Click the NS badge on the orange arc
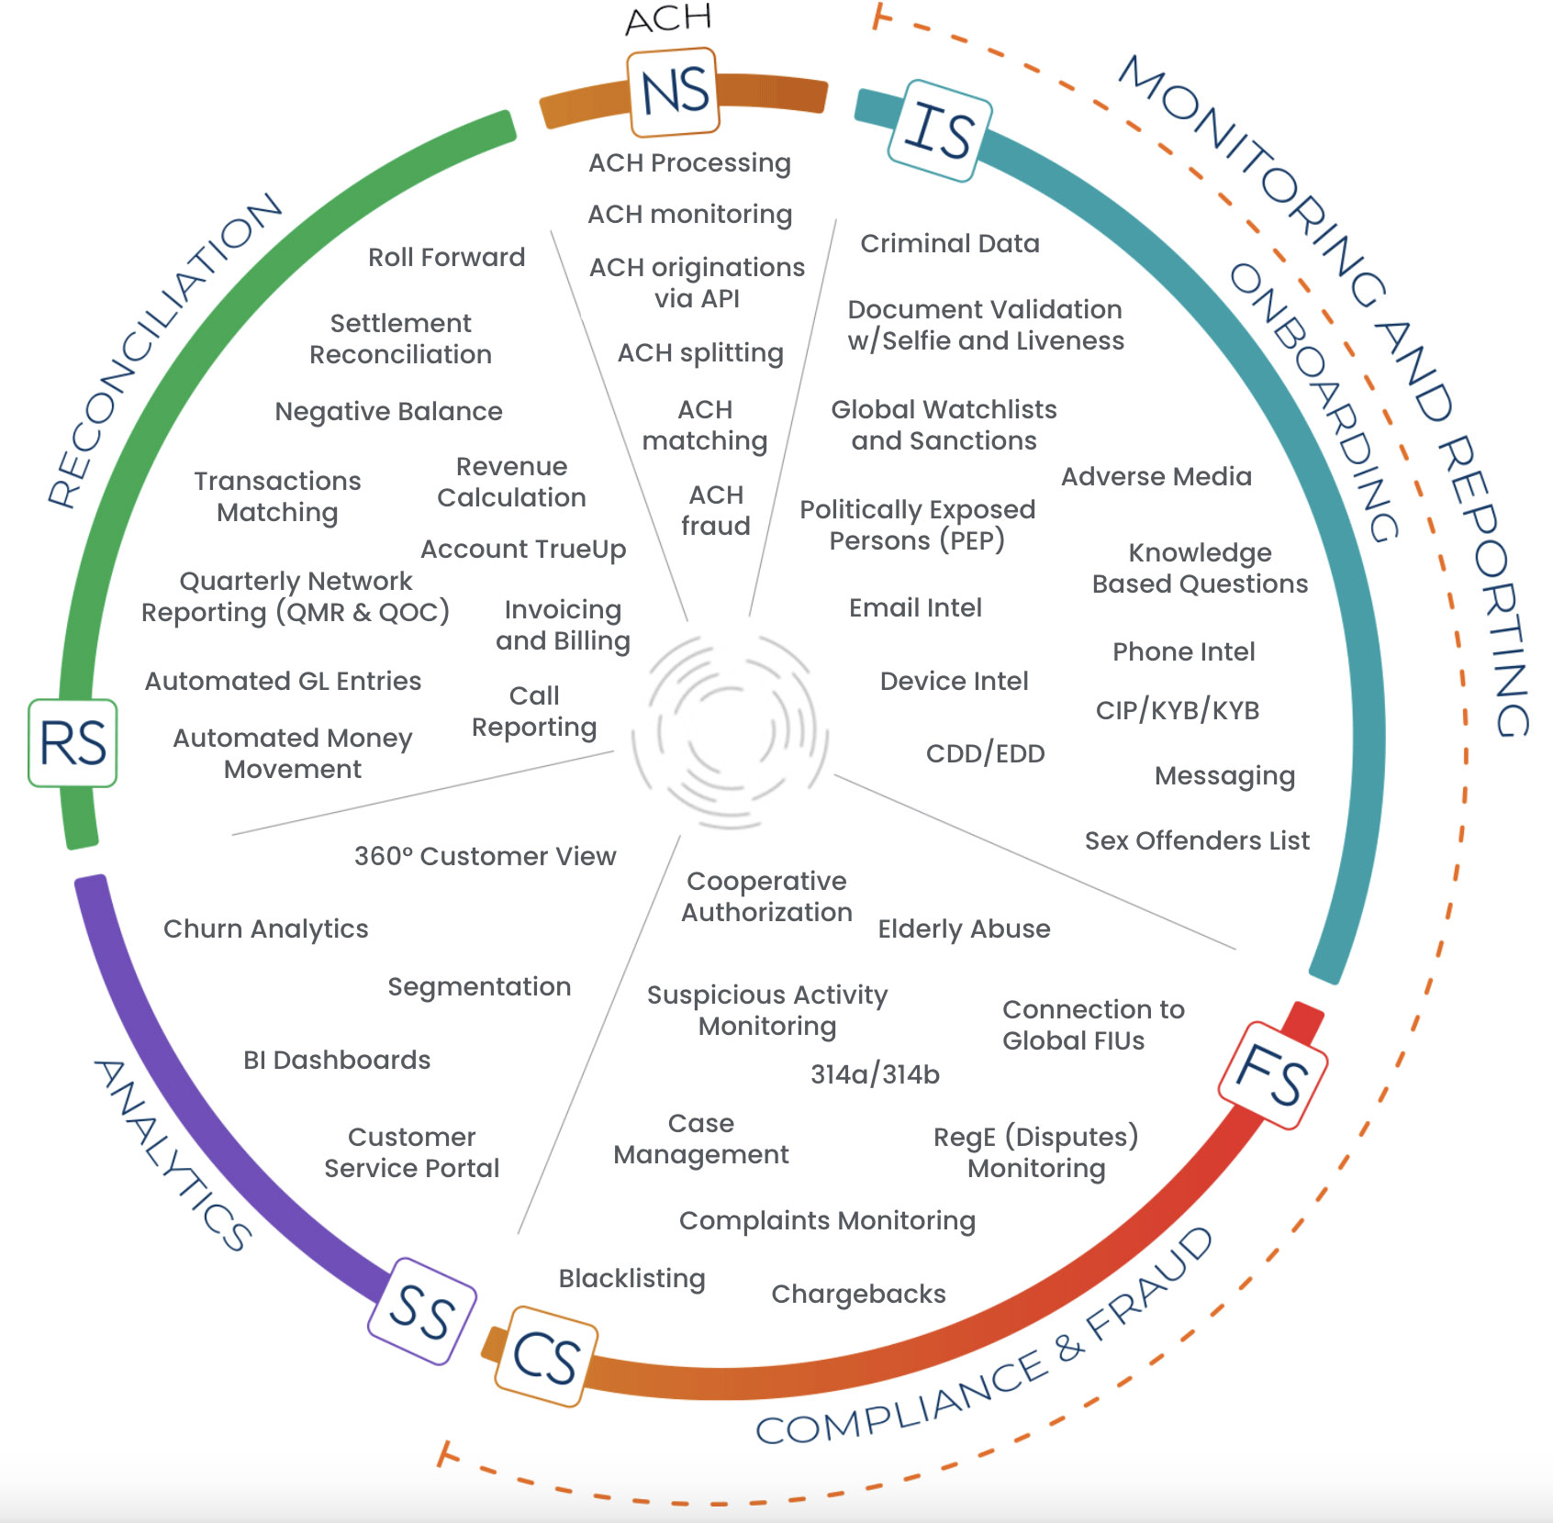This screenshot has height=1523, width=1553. pos(674,92)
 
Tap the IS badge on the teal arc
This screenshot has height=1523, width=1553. pos(940,130)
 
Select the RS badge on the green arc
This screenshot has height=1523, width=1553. pos(73,742)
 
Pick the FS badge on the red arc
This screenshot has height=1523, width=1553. pos(1272,1074)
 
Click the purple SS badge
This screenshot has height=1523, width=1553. pos(421,1310)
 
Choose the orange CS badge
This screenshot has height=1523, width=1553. pos(545,1356)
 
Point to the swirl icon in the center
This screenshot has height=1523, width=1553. pos(731,730)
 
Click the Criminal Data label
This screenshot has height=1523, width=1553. pos(949,243)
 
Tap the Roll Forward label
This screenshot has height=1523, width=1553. pos(446,257)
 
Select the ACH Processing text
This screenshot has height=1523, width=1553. pos(689,163)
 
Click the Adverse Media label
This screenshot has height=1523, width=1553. pos(1156,476)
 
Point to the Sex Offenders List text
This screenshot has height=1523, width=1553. pos(1196,840)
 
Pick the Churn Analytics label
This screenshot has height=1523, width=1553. pos(265,928)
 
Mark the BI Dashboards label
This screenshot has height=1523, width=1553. pos(336,1060)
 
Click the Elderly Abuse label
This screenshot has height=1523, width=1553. pos(964,928)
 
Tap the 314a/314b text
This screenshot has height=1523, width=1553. pos(875,1073)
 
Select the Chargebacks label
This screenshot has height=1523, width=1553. pos(858,1294)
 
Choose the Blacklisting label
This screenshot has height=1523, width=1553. pos(631,1278)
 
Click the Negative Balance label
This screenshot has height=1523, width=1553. pos(388,411)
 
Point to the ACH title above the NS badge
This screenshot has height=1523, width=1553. pos(668,18)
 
